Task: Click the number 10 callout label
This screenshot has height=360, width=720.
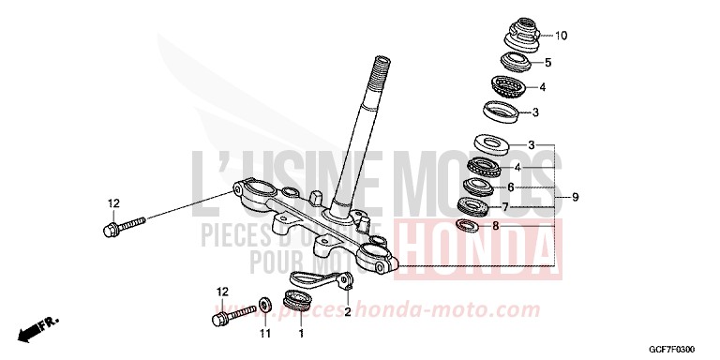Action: [x=562, y=37]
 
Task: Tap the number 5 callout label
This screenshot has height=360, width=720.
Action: [x=548, y=63]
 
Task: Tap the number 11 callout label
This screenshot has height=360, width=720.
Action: [x=264, y=333]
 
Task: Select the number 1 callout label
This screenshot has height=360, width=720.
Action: [x=301, y=333]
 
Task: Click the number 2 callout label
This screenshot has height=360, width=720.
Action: [x=346, y=312]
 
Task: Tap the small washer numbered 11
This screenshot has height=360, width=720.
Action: [x=266, y=303]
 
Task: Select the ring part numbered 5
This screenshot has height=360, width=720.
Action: [x=515, y=63]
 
